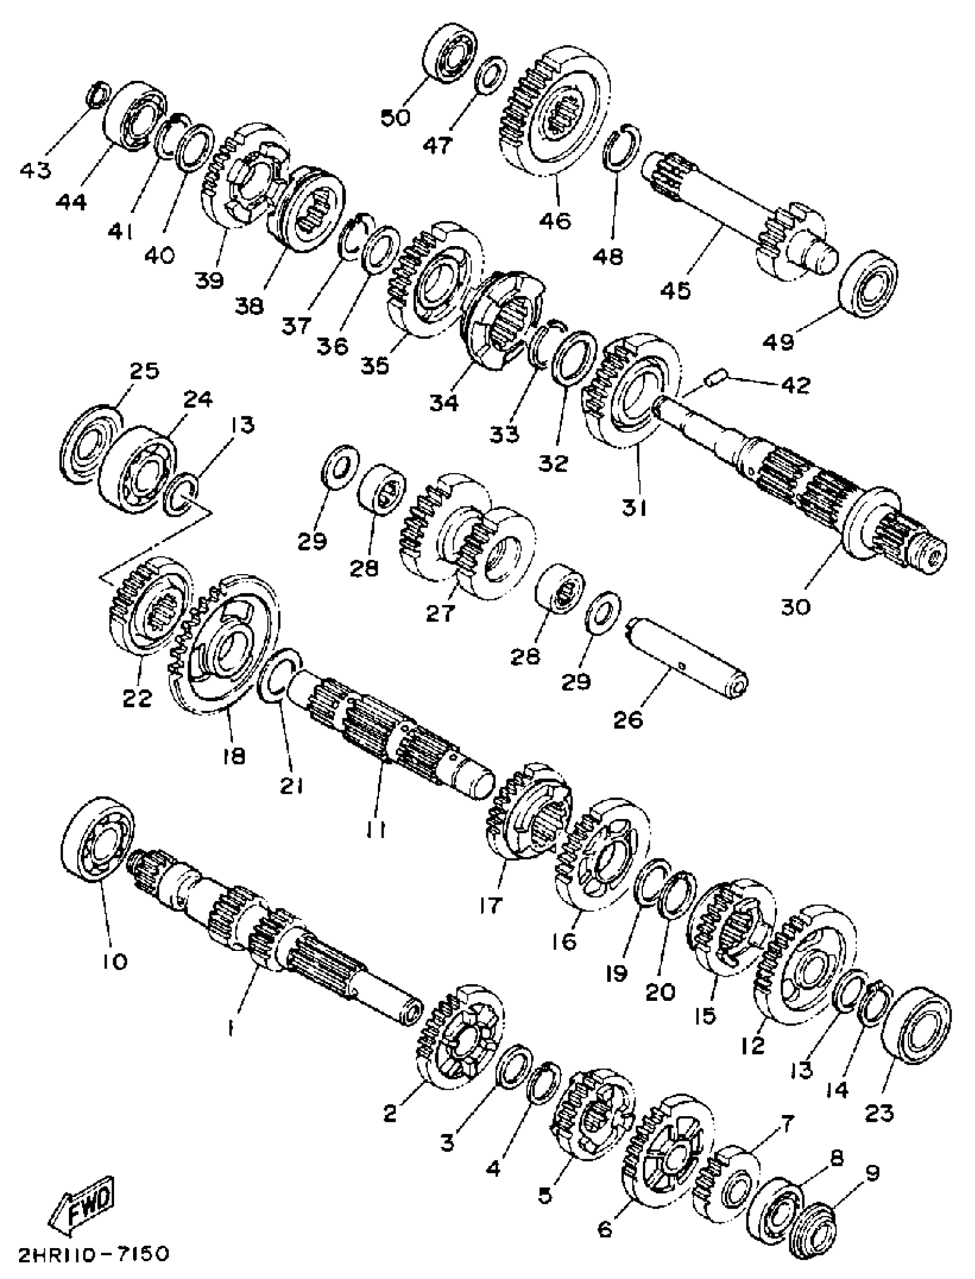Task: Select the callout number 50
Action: tap(396, 117)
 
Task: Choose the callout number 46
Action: tap(555, 220)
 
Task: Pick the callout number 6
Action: tap(605, 1225)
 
